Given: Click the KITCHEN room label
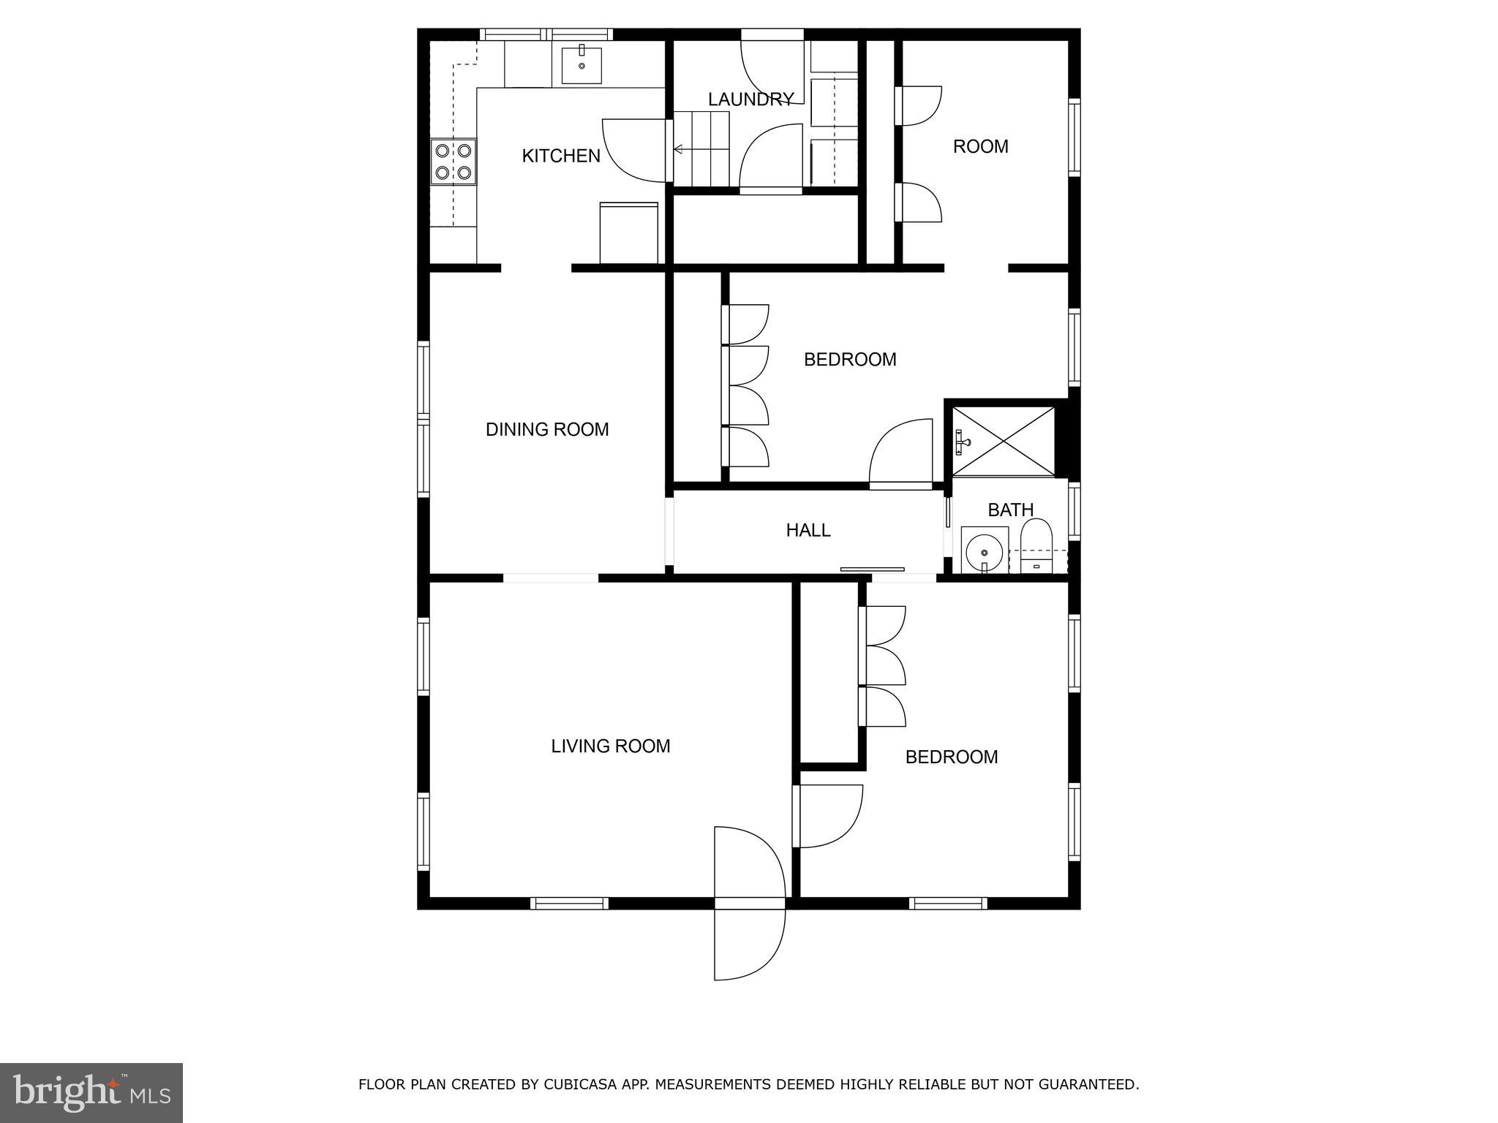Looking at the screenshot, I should tap(561, 156).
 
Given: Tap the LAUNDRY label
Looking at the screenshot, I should tap(750, 99).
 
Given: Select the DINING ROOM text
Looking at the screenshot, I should tap(547, 429).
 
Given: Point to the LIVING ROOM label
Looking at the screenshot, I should tap(610, 746).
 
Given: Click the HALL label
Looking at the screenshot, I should tap(808, 530).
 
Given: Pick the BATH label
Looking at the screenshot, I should tap(1010, 510).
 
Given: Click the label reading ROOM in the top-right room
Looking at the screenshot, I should tap(980, 147).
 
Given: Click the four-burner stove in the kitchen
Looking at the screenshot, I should tap(453, 162).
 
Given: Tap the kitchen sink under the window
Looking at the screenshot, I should tap(581, 65).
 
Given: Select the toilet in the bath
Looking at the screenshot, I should tap(1036, 545).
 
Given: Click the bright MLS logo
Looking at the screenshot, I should tap(91, 1092).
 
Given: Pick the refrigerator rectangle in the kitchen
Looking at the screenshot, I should tap(629, 232).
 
